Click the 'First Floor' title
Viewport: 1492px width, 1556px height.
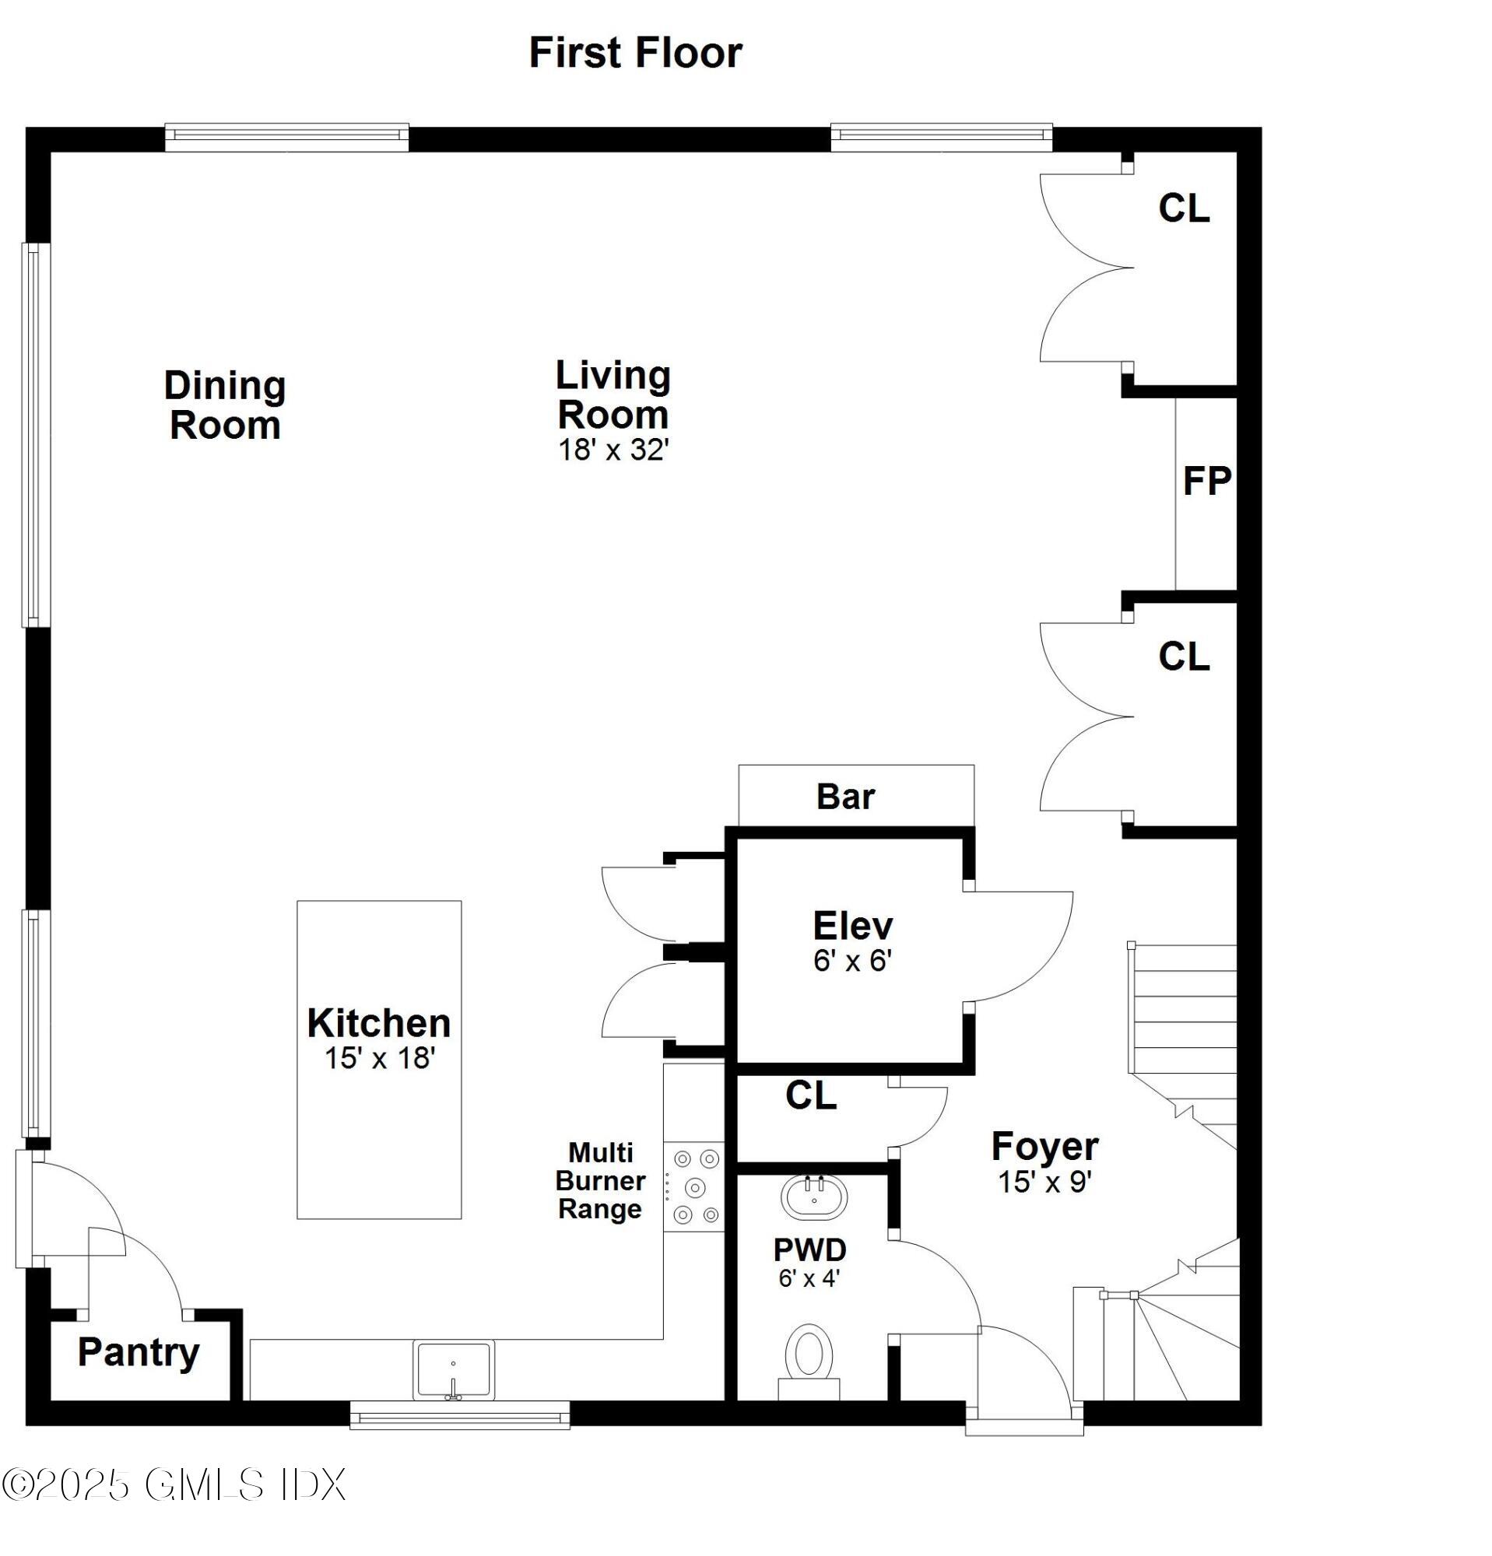click(635, 53)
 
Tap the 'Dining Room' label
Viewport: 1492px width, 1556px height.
click(225, 405)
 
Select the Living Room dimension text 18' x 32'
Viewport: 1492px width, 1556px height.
click(613, 450)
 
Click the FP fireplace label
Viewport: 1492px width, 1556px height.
click(1206, 481)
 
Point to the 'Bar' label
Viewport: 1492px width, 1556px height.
click(845, 796)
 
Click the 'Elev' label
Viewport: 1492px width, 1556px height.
click(853, 926)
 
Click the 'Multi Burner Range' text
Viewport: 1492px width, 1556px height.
click(600, 1180)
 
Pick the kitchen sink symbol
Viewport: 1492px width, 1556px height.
click(453, 1369)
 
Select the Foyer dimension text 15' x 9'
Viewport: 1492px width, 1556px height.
click(1045, 1182)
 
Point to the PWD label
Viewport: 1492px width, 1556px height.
click(810, 1249)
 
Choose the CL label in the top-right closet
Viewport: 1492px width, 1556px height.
click(1183, 209)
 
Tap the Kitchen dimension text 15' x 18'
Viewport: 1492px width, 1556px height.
click(380, 1058)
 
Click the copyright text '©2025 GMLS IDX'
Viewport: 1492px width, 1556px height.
click(174, 1484)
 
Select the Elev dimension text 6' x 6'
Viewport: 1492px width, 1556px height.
click(853, 961)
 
